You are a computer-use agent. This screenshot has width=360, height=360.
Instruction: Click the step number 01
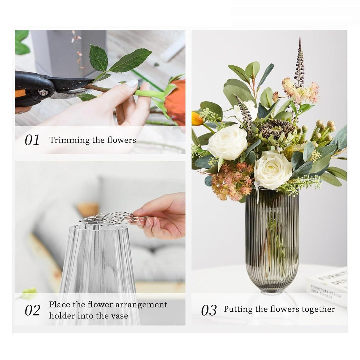[32, 140]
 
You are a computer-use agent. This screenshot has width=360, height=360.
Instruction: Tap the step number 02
[32, 310]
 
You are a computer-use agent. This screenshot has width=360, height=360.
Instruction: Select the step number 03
[209, 310]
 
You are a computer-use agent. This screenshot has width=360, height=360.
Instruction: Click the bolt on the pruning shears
[44, 93]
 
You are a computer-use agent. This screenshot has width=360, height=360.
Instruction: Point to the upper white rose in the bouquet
[227, 142]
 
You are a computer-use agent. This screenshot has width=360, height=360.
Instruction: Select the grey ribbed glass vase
[272, 243]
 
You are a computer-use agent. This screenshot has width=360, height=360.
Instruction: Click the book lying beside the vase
[328, 285]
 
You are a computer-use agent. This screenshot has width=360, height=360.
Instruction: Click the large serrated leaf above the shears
[130, 61]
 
